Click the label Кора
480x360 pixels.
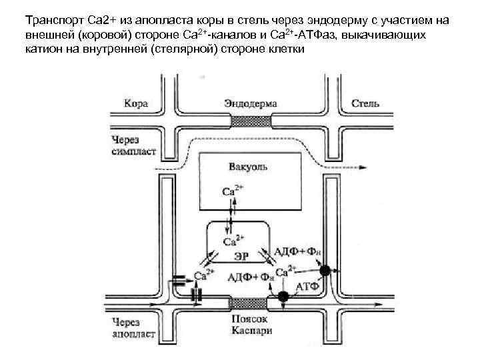click(x=136, y=104)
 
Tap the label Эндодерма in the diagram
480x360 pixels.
click(x=251, y=104)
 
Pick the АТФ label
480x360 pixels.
click(x=307, y=286)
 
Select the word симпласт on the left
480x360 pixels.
click(x=133, y=151)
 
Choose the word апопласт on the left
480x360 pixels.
click(x=134, y=331)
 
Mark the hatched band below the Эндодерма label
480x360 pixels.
click(x=251, y=121)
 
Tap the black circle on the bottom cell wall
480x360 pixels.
click(x=283, y=295)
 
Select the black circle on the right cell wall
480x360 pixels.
click(x=325, y=271)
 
